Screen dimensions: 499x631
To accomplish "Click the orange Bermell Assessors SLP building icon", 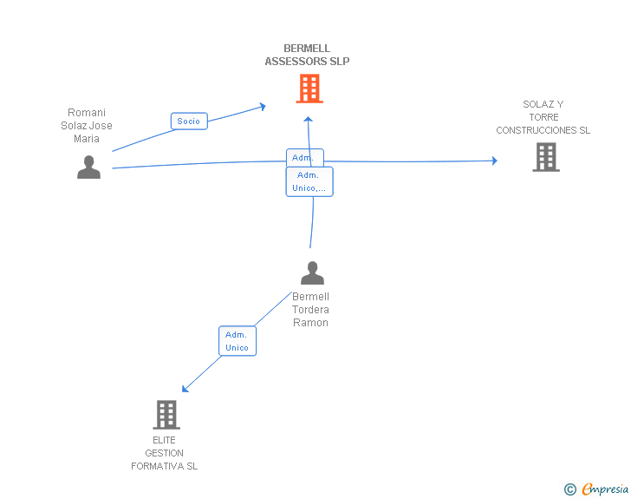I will (x=309, y=89).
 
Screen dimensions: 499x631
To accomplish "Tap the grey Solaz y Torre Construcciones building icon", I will (x=545, y=157).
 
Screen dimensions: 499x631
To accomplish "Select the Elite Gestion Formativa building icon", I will (x=166, y=415).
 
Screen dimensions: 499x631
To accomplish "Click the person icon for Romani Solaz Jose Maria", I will (x=88, y=167).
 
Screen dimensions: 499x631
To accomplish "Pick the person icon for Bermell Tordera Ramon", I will (x=312, y=273).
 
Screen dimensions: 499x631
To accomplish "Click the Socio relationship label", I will (x=189, y=121).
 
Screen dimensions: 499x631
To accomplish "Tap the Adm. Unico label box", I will (x=237, y=341).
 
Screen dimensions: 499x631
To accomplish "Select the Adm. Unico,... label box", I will (x=309, y=181).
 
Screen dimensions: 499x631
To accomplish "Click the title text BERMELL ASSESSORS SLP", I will (x=307, y=56).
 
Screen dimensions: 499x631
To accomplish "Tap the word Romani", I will (x=87, y=113).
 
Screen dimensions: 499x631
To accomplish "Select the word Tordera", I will (x=310, y=310).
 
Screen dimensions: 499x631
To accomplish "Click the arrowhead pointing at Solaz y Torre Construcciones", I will (x=494, y=161).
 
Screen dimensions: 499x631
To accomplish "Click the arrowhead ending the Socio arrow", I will (x=262, y=107).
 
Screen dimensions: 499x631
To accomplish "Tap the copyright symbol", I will (x=569, y=489).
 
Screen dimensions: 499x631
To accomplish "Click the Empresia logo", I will (x=605, y=489).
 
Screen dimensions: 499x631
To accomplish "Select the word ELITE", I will (x=164, y=440).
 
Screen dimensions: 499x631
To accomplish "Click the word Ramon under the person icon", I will (x=310, y=323).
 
